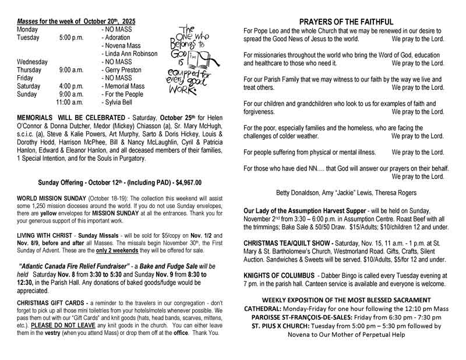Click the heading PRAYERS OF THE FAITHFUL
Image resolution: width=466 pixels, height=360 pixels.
tap(347, 22)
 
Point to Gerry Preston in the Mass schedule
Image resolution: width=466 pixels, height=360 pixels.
tap(122, 70)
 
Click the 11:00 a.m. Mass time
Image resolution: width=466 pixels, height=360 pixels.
tap(70, 103)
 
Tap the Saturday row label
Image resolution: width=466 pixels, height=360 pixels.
tap(29, 86)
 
